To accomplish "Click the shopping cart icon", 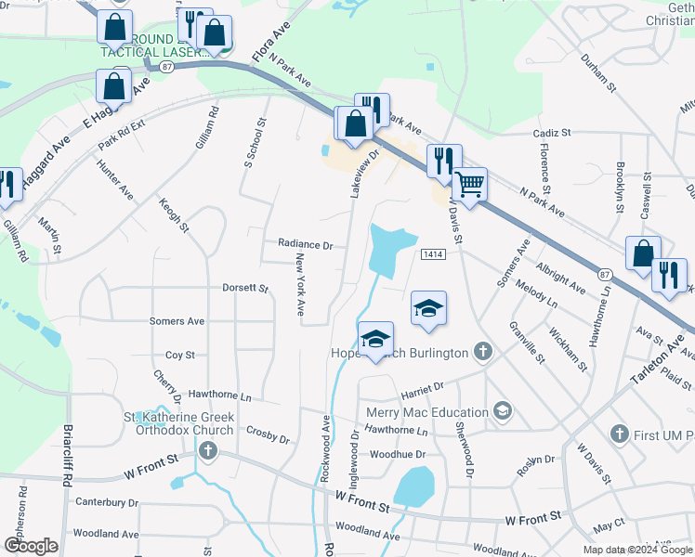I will click(x=469, y=183).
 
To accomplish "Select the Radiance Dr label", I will click(x=305, y=245).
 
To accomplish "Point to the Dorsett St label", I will click(x=244, y=289).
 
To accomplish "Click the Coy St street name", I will click(x=179, y=355).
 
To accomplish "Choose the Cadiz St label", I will click(x=552, y=134).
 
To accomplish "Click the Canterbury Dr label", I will click(x=106, y=502).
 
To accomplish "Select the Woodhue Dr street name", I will click(x=397, y=454).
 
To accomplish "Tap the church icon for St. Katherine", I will click(x=207, y=451).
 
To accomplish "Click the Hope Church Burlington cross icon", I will click(x=481, y=352).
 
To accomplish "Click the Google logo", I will click(x=31, y=546).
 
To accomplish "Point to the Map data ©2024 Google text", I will click(x=638, y=550).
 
